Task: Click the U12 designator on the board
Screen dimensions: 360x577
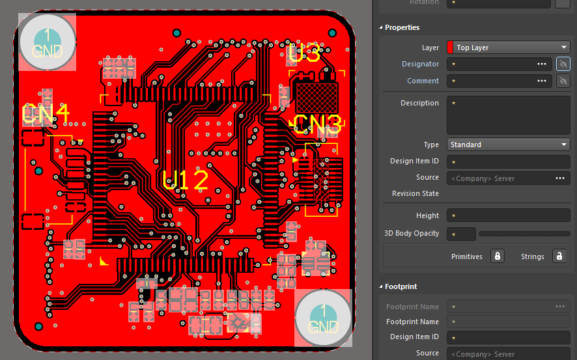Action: click(x=185, y=180)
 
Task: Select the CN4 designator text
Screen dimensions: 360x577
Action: click(x=46, y=115)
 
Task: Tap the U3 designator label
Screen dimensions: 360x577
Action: click(x=304, y=55)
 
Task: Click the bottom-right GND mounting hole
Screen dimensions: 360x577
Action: click(x=323, y=318)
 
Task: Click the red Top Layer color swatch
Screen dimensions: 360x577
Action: click(x=450, y=48)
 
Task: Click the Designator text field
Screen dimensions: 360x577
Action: click(x=492, y=64)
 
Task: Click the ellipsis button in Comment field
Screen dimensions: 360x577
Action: click(x=541, y=81)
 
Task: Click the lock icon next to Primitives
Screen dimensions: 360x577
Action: click(x=498, y=256)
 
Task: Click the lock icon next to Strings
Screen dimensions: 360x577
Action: click(x=559, y=256)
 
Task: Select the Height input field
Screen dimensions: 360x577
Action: click(x=508, y=215)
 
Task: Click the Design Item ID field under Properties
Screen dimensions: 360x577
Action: click(x=508, y=161)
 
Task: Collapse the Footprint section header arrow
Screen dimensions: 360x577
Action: click(x=381, y=286)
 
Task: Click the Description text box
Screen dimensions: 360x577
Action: click(x=508, y=115)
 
